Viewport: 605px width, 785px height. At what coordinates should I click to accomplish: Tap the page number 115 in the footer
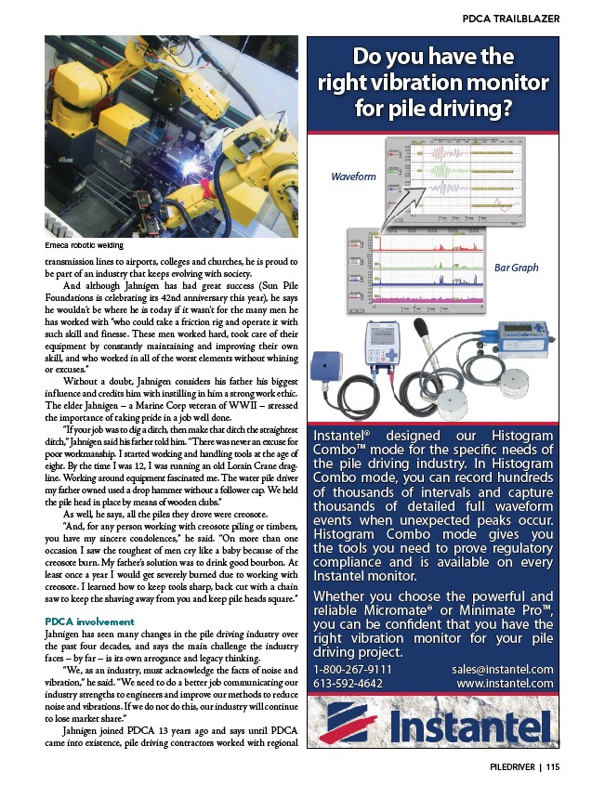coord(553,767)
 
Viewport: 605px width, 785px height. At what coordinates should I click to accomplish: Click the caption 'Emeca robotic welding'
coord(85,246)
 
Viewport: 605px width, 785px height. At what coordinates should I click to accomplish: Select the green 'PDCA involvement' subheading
coord(87,619)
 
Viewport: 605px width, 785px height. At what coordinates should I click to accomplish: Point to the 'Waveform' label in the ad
coord(353,177)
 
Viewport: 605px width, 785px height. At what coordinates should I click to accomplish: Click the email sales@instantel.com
coord(503,669)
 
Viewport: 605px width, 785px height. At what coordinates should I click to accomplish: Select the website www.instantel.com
coord(506,683)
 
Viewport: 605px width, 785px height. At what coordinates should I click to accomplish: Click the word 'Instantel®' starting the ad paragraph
coord(347,436)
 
